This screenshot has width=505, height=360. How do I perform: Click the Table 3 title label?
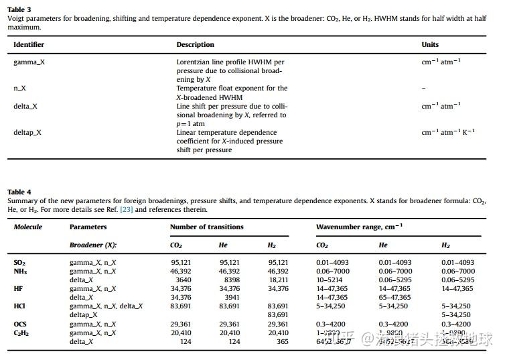(x=19, y=9)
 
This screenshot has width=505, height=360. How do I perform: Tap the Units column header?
(x=430, y=45)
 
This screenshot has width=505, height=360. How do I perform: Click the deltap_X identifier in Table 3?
(x=27, y=132)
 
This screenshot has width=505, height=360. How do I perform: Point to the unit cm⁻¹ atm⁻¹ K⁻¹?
(x=447, y=132)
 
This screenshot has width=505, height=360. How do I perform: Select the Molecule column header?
(x=28, y=227)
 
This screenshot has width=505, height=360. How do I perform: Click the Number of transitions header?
(x=206, y=227)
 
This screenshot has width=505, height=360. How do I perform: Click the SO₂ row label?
(x=20, y=263)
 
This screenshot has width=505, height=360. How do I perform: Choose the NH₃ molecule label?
(x=20, y=272)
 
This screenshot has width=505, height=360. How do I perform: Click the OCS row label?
(x=20, y=324)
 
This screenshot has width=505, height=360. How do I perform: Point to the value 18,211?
(x=278, y=280)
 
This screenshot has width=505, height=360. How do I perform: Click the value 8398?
(x=229, y=280)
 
